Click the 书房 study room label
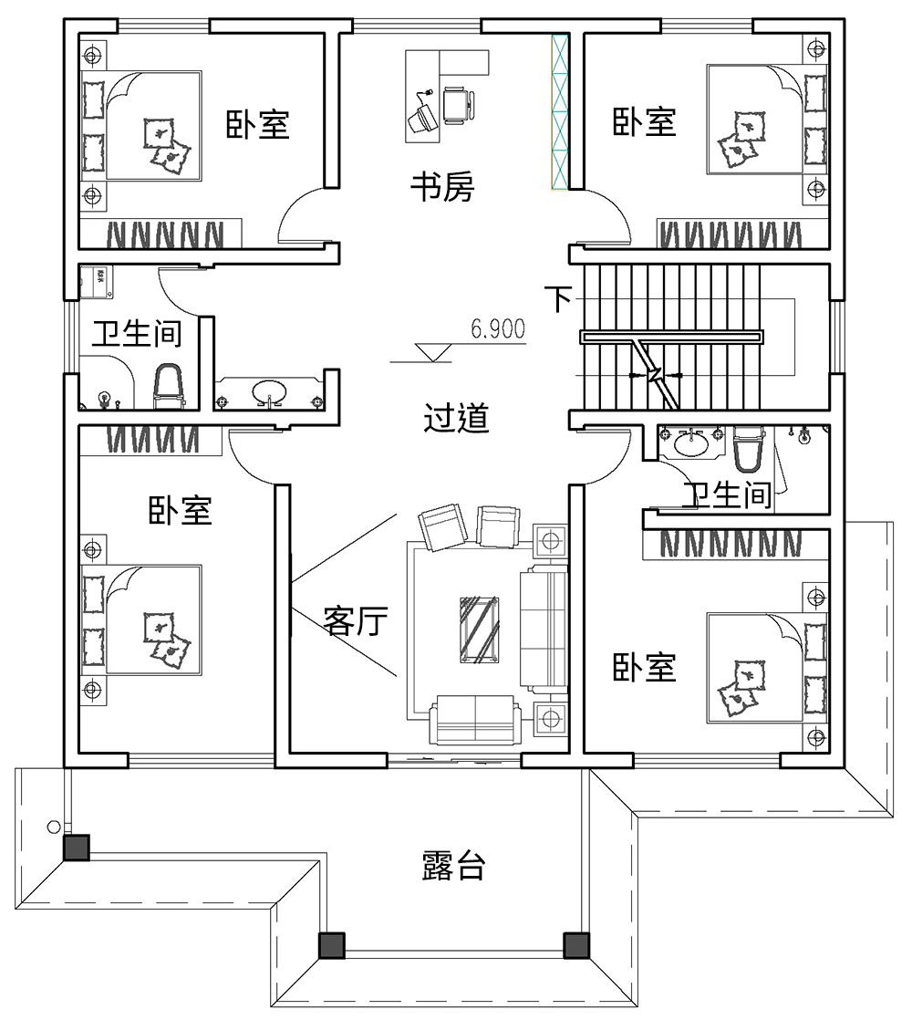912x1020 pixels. tap(441, 189)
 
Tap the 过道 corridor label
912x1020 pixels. tap(457, 419)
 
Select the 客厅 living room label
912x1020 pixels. tap(356, 622)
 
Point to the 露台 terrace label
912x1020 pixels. tap(453, 866)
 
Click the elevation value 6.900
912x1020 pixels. tap(498, 329)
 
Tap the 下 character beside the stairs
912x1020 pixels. tap(560, 298)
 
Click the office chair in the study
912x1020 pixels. tap(458, 104)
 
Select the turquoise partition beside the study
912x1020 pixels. tap(559, 112)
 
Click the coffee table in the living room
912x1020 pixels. tap(479, 629)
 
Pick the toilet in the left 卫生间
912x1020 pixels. tap(168, 387)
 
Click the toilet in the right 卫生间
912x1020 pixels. tap(746, 450)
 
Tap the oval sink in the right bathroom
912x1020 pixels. tap(691, 444)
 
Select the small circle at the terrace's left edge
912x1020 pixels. tap(54, 827)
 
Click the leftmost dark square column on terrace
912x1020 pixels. tap(76, 848)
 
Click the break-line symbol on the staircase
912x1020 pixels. tap(655, 374)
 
